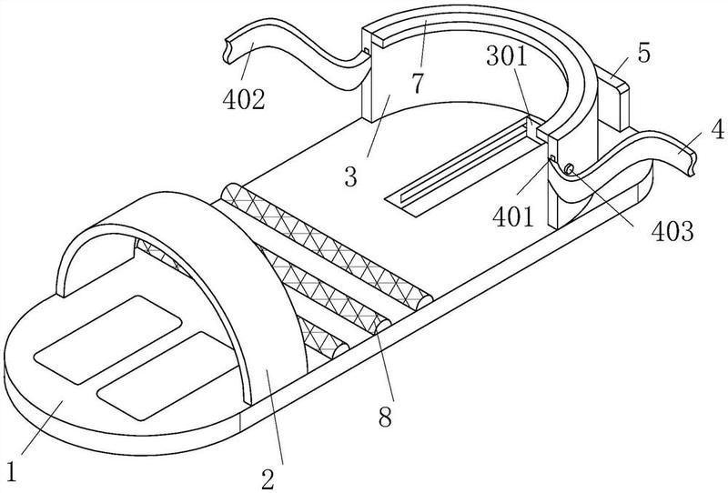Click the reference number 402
(x=244, y=99)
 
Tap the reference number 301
(x=508, y=56)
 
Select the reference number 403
(x=672, y=231)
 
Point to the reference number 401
(x=513, y=216)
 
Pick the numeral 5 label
(x=643, y=53)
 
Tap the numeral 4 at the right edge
(x=717, y=129)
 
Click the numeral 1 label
(x=12, y=472)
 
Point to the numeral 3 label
(x=351, y=176)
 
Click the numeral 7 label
(x=418, y=83)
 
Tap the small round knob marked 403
(x=570, y=169)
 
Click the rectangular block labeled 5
(x=613, y=97)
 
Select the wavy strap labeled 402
(x=298, y=52)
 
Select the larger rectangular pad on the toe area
(x=107, y=339)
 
